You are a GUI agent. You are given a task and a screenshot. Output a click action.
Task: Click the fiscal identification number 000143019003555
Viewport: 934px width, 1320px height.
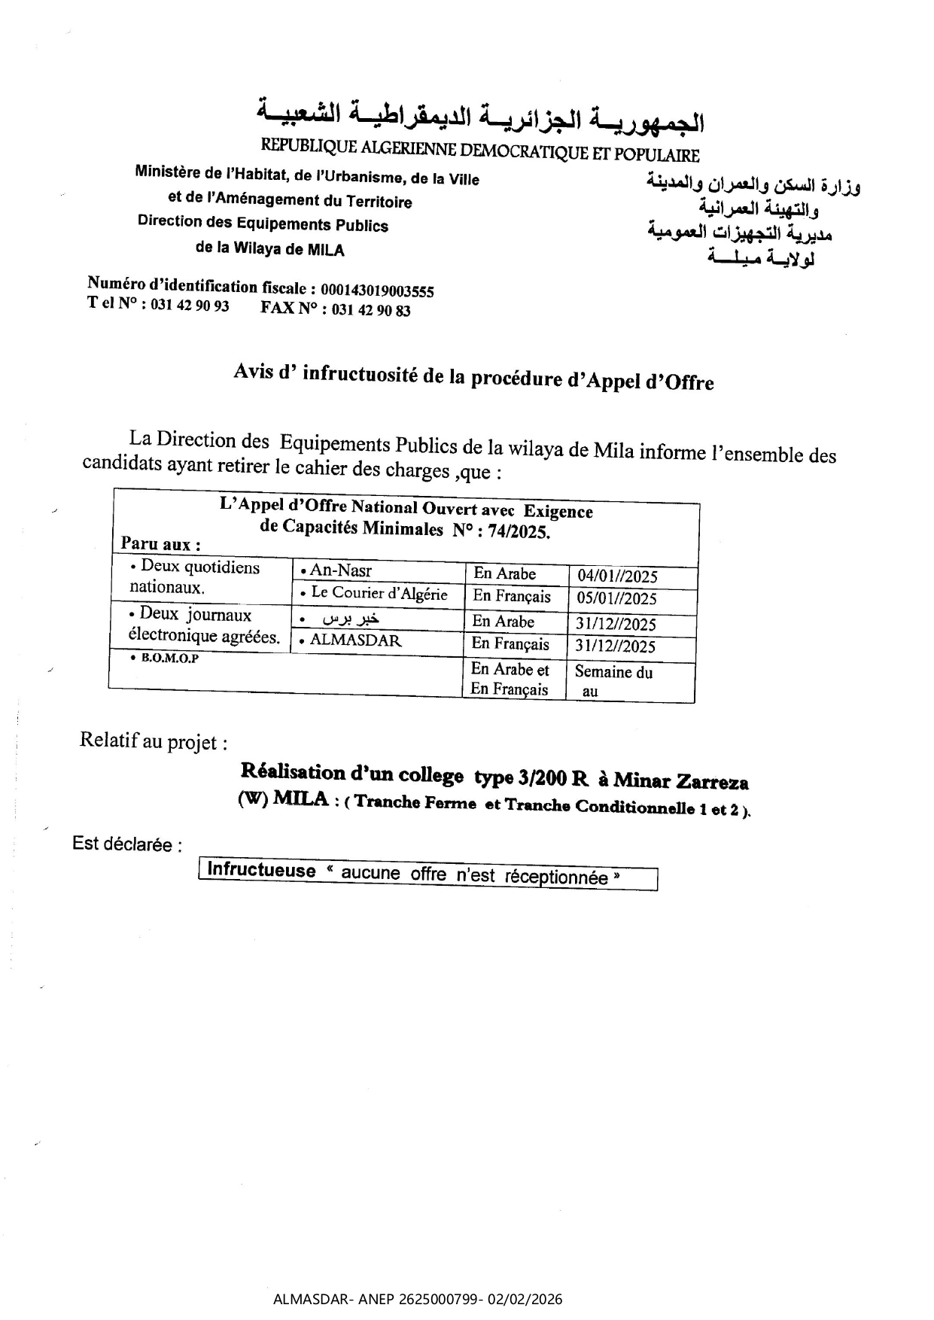(377, 290)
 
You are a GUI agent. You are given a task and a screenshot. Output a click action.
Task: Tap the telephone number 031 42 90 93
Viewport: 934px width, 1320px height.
(190, 306)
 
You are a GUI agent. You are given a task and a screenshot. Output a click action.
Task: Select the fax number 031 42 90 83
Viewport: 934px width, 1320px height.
(371, 310)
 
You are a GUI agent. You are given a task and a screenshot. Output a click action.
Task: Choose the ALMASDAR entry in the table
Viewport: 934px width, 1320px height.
(355, 640)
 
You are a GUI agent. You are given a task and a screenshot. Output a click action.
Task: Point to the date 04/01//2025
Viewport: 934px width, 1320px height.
(617, 576)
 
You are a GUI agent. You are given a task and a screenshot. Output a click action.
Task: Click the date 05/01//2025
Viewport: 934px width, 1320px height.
(616, 599)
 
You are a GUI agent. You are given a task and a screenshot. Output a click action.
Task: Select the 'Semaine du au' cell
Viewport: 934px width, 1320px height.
(613, 681)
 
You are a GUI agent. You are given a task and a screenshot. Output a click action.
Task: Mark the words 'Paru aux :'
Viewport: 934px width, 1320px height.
(160, 544)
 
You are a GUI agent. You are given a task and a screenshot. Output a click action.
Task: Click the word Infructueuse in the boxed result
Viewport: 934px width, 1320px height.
(261, 871)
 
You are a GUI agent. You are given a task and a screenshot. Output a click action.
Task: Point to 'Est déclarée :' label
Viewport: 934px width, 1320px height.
(126, 844)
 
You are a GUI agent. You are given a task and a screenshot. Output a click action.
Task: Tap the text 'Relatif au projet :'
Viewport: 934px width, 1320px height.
(153, 741)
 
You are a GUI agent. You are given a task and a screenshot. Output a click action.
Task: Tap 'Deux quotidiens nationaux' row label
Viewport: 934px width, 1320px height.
(194, 577)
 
